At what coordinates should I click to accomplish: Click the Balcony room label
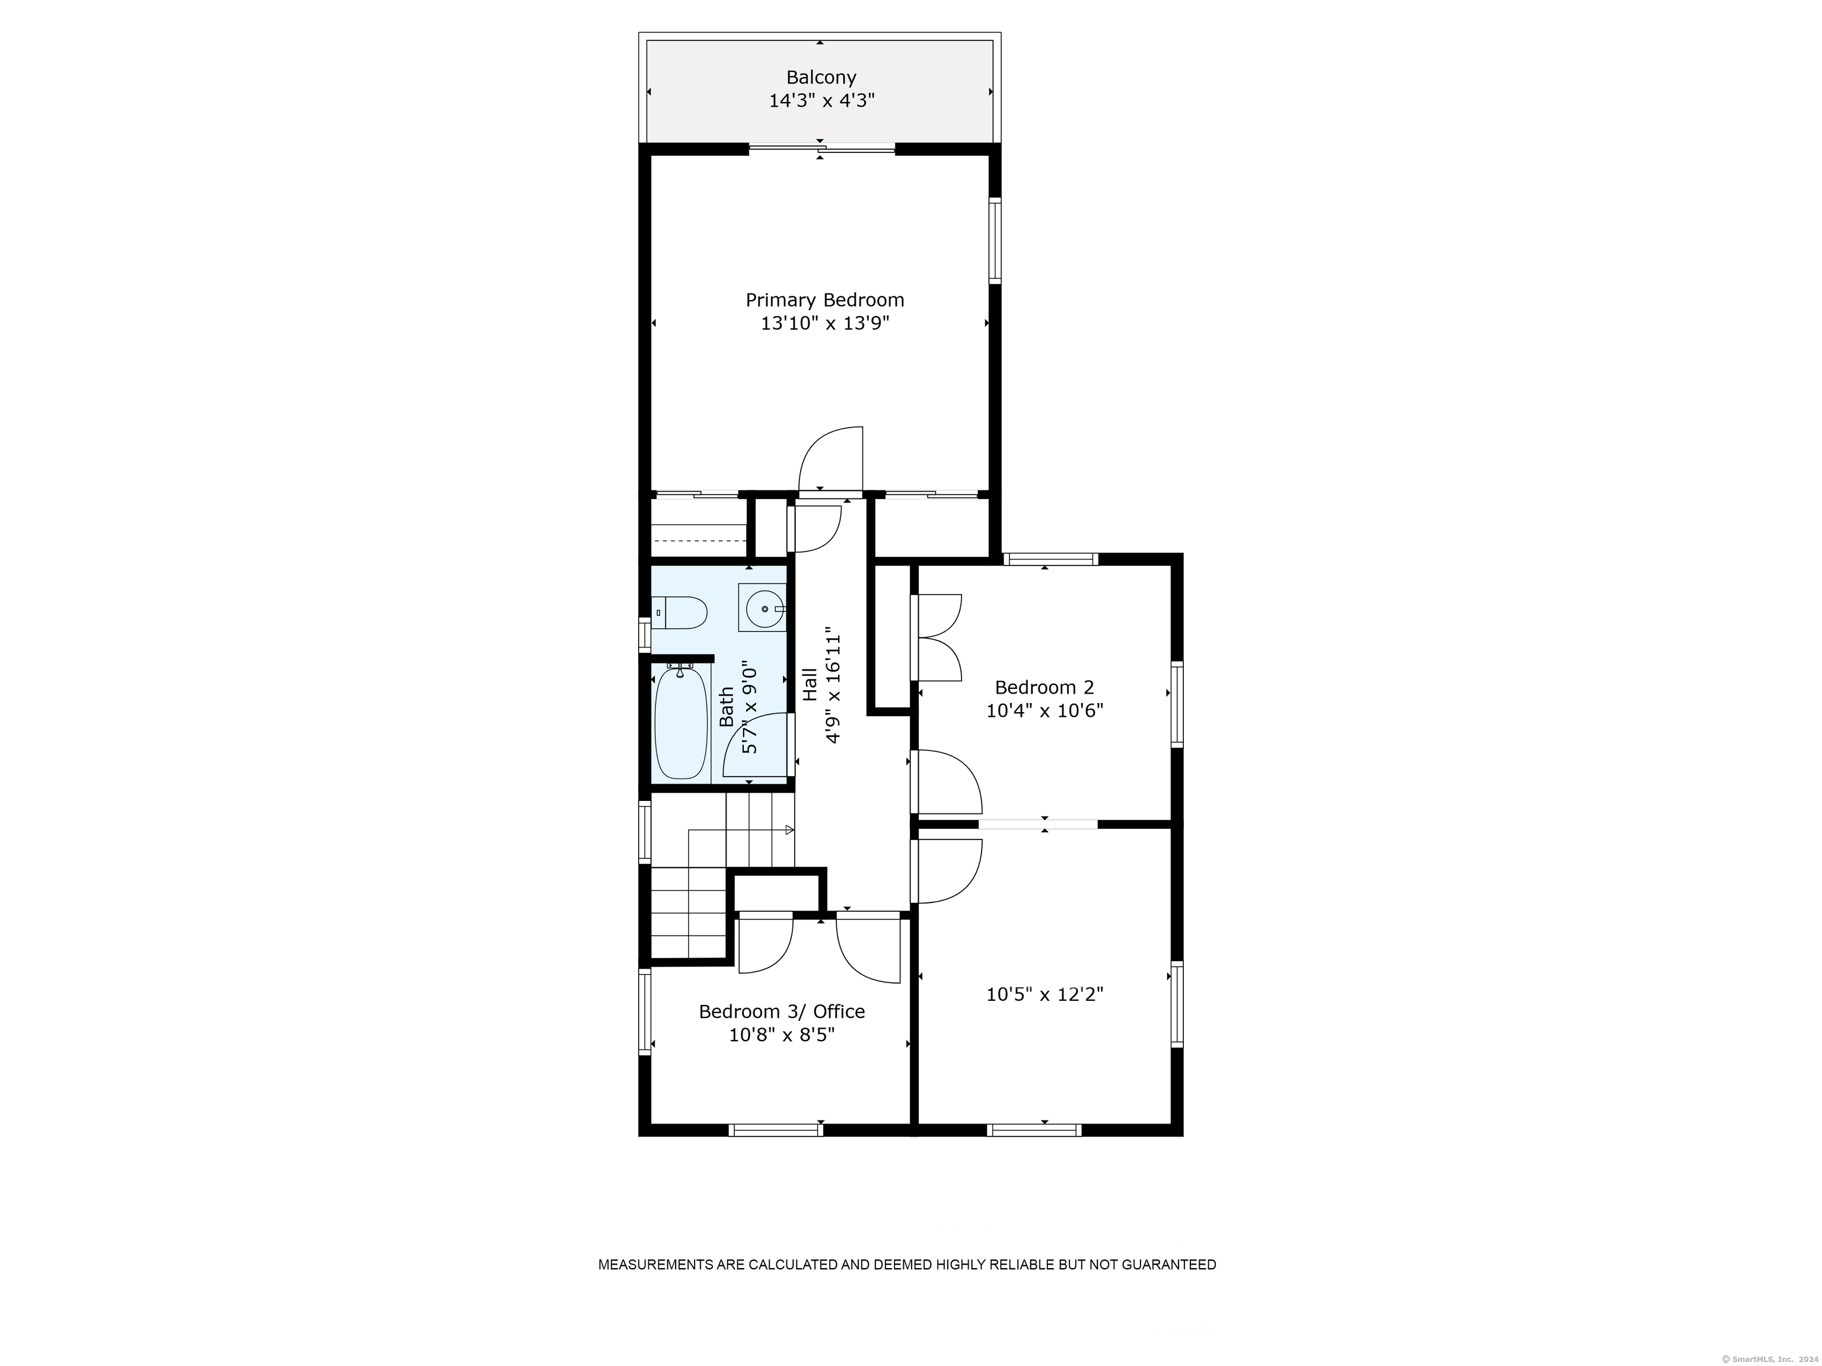(x=821, y=78)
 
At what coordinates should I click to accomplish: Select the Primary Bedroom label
(x=824, y=301)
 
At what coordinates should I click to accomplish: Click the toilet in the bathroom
(x=680, y=612)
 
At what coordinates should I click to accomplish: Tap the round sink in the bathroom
(x=763, y=608)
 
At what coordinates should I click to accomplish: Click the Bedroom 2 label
(x=1044, y=688)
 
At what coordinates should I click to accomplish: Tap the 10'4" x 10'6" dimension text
(x=1044, y=711)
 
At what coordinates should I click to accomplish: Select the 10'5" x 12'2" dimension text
(x=1044, y=995)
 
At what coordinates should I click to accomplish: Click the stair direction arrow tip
(x=793, y=830)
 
